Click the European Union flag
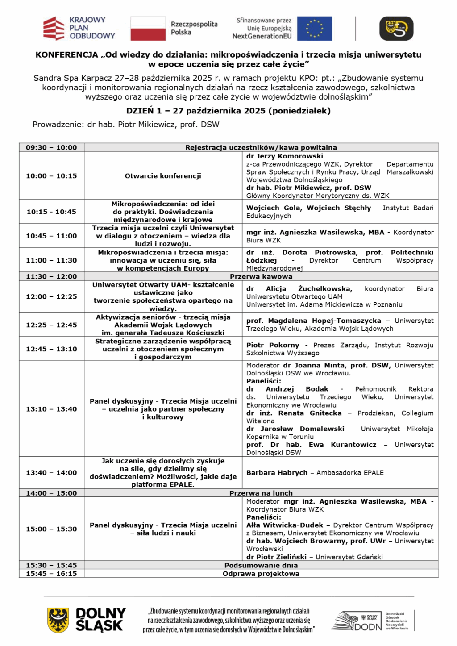(x=314, y=28)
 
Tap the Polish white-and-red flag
(x=148, y=28)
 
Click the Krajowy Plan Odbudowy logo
(x=79, y=28)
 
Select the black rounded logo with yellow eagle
(x=396, y=28)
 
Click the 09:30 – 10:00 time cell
(x=51, y=147)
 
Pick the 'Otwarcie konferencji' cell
(x=163, y=176)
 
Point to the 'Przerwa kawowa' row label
(x=261, y=276)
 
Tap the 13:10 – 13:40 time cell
(x=51, y=409)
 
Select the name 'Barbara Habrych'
(x=277, y=473)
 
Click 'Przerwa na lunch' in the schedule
(x=261, y=493)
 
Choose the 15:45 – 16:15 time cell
(x=51, y=574)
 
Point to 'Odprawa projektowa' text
(x=261, y=574)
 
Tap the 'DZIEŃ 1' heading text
(x=144, y=111)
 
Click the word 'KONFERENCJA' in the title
(x=67, y=55)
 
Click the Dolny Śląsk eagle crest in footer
(x=58, y=620)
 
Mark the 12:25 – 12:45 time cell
(x=51, y=325)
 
